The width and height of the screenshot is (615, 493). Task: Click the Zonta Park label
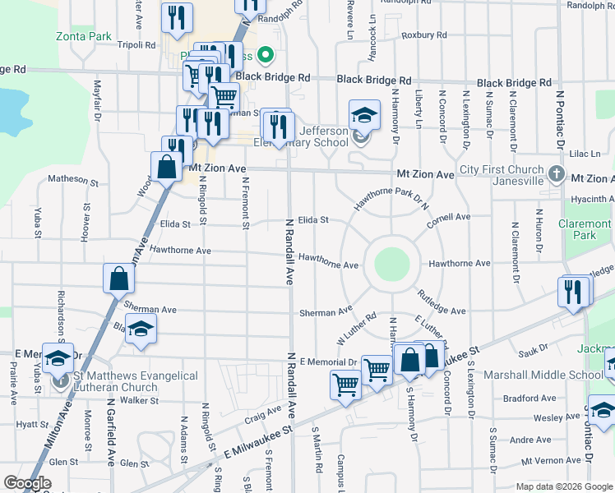tap(84, 37)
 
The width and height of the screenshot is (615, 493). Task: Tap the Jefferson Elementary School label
tap(329, 136)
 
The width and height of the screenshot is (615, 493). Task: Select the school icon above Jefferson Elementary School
tap(364, 115)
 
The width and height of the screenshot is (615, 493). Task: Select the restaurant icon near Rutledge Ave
tap(573, 292)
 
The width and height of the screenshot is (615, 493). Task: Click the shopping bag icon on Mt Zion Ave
tap(166, 166)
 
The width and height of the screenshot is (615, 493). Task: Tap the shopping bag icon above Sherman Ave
tap(118, 279)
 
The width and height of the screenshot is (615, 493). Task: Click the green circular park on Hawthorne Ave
tap(392, 264)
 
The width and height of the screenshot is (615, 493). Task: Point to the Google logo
tap(27, 483)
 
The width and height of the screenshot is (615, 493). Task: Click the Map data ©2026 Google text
tap(562, 486)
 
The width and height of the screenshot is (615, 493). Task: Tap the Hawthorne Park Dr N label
tap(393, 199)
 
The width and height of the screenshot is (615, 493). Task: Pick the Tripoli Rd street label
tap(136, 45)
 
